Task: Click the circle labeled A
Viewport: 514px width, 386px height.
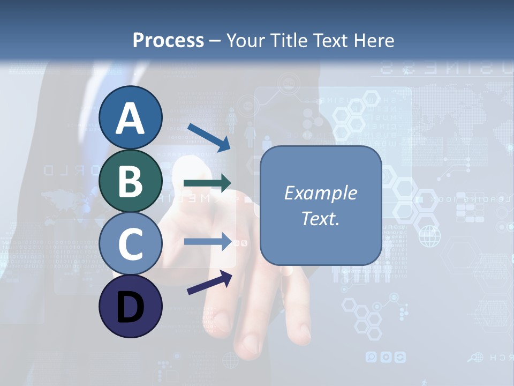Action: pos(130,118)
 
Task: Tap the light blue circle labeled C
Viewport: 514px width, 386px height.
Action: pos(130,243)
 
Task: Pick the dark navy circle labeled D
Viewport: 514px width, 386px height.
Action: pos(130,306)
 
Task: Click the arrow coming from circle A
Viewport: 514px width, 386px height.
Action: pos(209,137)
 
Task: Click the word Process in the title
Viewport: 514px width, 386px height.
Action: pos(168,40)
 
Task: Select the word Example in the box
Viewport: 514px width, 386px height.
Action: pos(320,193)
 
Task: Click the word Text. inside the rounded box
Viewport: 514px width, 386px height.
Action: pos(320,218)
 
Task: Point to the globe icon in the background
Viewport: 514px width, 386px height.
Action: pos(429,236)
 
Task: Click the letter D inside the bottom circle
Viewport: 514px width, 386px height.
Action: pos(130,307)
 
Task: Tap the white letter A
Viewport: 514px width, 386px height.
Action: pos(130,118)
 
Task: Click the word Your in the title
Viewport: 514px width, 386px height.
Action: pos(246,40)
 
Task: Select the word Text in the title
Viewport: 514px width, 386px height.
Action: pos(329,40)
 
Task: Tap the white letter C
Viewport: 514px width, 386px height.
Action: pos(130,244)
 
